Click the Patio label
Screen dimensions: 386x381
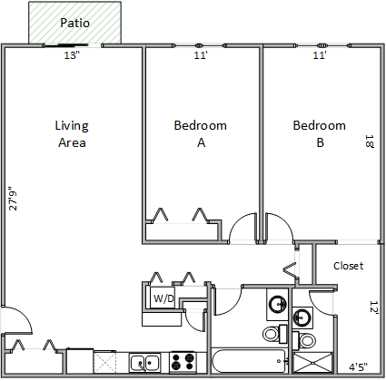pos(74,23)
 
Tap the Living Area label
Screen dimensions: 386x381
pos(72,134)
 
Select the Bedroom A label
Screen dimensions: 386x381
pos(200,134)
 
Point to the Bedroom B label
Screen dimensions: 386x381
pos(319,134)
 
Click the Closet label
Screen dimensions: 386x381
pos(348,266)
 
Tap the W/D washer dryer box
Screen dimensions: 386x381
pos(163,298)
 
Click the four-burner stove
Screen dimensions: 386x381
pos(182,362)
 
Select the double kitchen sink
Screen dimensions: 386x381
pos(145,363)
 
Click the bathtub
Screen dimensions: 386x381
pos(248,361)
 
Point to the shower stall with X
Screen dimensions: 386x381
pos(312,363)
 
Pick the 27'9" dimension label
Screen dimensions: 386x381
pos(13,198)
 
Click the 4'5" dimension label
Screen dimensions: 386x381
pos(359,367)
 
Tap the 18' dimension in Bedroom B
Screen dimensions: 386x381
pos(370,142)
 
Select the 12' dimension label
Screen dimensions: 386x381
pos(374,308)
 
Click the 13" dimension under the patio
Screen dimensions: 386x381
pos(72,55)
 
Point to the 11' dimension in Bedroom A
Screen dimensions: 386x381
pos(201,55)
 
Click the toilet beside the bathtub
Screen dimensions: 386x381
pos(275,333)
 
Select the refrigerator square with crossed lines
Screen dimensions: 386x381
pos(104,362)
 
